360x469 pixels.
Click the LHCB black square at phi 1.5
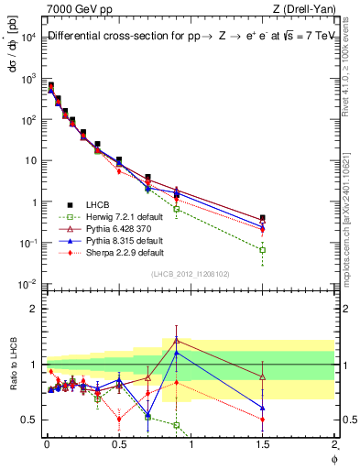tap(263, 219)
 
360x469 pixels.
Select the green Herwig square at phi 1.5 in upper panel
tap(263, 249)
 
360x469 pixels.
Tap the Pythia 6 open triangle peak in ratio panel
tap(176, 341)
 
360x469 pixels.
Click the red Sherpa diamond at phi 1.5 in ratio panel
tap(263, 420)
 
